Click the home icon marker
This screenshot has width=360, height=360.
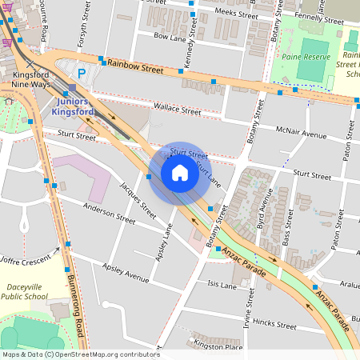(180, 173)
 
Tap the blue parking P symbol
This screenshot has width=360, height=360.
(81, 72)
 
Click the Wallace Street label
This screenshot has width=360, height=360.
(177, 109)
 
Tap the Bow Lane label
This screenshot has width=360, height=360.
(169, 36)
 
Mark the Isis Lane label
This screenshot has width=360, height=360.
(222, 285)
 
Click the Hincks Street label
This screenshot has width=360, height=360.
(274, 325)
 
